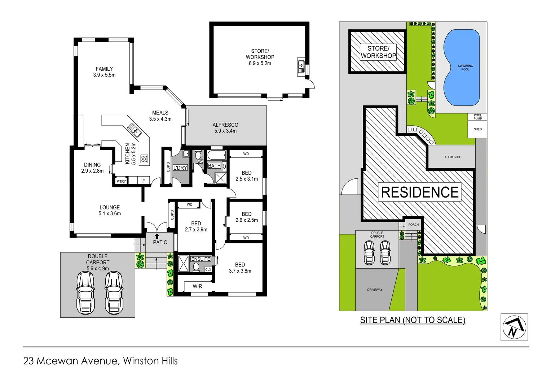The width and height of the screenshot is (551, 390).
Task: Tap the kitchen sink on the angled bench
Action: click(x=134, y=130)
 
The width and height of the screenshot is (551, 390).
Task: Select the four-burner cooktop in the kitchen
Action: click(x=144, y=159)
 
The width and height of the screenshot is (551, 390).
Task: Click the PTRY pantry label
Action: click(x=121, y=181)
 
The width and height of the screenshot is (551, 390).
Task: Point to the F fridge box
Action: click(x=144, y=181)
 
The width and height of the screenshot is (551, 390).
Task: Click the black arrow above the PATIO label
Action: click(x=157, y=236)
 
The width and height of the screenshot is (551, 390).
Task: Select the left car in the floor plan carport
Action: click(x=85, y=292)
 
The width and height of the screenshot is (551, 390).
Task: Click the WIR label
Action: click(x=197, y=286)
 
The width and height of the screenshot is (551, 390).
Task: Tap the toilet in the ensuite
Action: click(x=196, y=267)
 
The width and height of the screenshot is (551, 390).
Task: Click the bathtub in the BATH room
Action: click(x=217, y=156)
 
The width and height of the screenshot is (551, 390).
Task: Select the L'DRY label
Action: click(x=180, y=168)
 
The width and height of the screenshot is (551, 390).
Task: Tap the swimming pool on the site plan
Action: click(x=462, y=68)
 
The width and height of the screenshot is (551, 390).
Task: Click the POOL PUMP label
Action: click(x=477, y=117)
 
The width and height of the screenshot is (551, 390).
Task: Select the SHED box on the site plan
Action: click(x=477, y=129)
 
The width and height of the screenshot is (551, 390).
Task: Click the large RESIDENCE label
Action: click(x=420, y=192)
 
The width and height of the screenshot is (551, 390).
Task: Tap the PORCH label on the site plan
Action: click(x=413, y=225)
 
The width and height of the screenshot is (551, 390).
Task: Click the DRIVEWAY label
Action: click(x=375, y=290)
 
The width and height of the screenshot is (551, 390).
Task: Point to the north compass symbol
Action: click(x=514, y=328)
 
